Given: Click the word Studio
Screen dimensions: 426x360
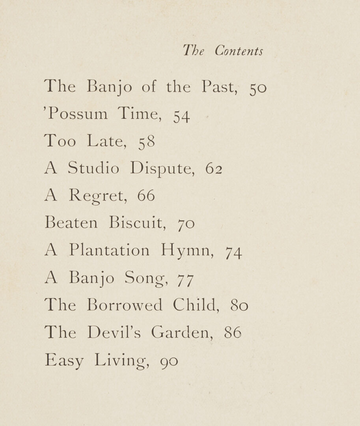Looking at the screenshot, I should coord(93,168).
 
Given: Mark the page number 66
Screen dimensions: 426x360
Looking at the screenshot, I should coord(146,196).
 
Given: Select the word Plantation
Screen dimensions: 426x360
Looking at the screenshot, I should coord(110,250).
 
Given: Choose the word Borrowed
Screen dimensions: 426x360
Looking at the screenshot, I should coord(125,305).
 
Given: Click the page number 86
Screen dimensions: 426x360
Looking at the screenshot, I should coord(232,333).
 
